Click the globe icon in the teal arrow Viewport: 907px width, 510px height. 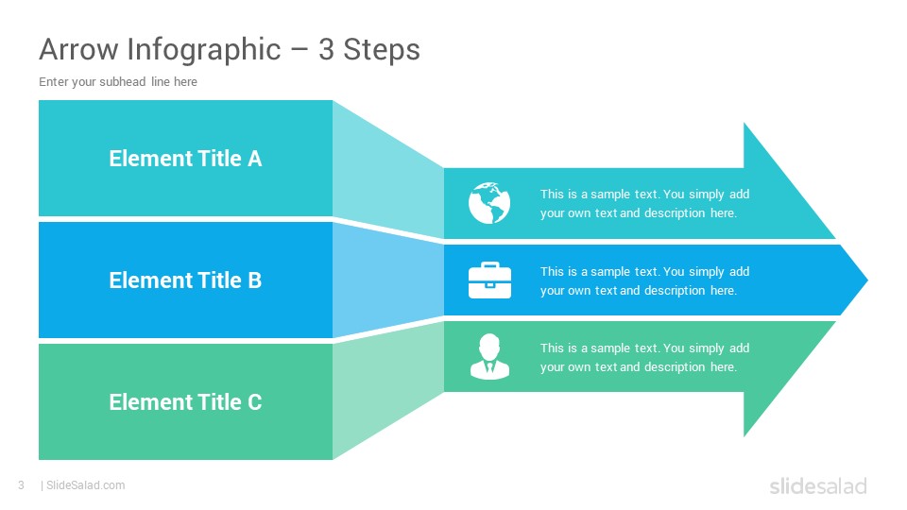[x=489, y=203]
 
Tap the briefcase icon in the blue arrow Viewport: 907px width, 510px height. [x=489, y=280]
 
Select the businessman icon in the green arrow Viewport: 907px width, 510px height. [x=489, y=356]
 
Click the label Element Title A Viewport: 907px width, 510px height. [x=185, y=159]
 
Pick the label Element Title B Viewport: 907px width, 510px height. [x=185, y=280]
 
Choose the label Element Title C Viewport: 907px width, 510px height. [x=185, y=402]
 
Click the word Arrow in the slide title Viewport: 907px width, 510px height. [x=78, y=49]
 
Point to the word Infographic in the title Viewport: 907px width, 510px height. [x=204, y=50]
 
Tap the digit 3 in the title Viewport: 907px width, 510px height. [x=326, y=49]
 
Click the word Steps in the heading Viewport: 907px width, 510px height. [x=382, y=50]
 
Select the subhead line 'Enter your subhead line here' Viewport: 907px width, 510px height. [x=118, y=82]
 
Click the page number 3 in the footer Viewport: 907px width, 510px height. [x=22, y=485]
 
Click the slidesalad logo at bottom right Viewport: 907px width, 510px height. [x=818, y=485]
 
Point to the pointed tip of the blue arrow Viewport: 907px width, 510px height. [x=867, y=280]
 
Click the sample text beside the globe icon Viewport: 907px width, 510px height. [x=644, y=204]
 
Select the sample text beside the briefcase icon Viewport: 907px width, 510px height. [x=644, y=281]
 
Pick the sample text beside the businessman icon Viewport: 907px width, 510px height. [x=644, y=357]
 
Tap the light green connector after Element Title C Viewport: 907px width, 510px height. [x=387, y=393]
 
